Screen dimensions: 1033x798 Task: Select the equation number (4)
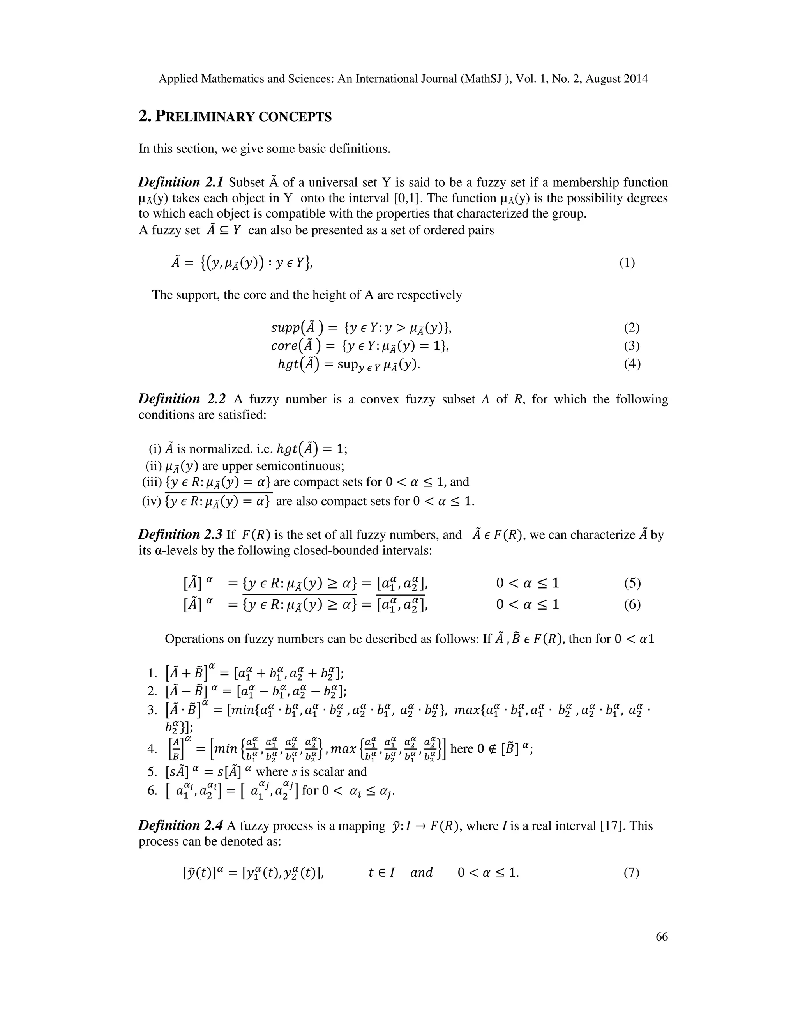click(x=632, y=364)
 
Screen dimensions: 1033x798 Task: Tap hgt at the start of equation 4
click(x=289, y=364)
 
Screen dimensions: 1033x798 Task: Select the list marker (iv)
click(x=152, y=501)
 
